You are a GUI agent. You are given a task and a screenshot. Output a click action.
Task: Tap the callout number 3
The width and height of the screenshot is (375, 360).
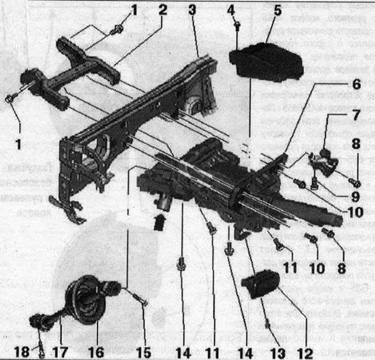[193, 10]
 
